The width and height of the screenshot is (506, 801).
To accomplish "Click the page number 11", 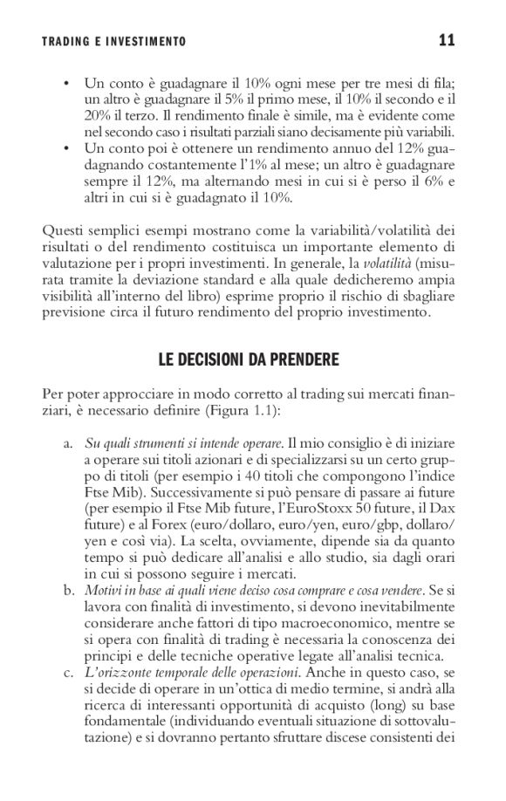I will [447, 39].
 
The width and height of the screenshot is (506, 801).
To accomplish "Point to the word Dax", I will [441, 505].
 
